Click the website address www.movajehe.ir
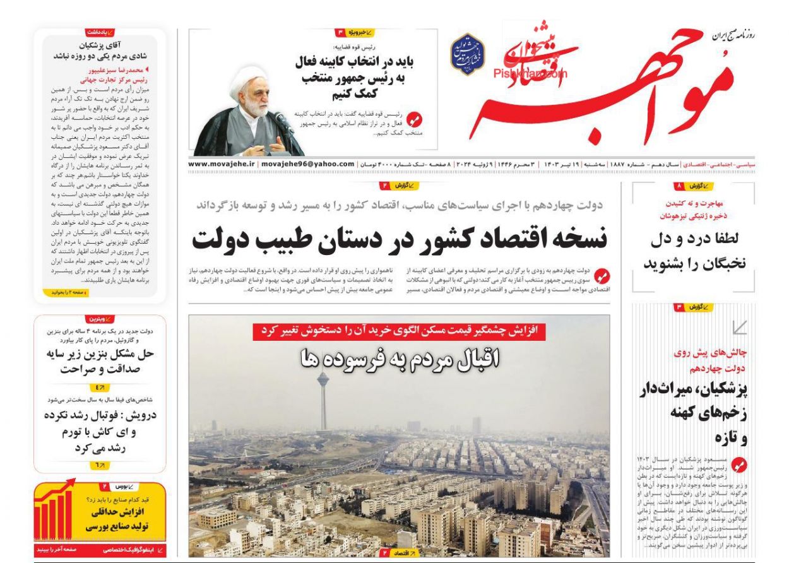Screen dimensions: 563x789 221,164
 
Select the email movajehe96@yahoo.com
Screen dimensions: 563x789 307,164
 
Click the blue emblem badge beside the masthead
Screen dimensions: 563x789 467,54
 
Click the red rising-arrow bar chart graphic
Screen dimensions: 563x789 54,511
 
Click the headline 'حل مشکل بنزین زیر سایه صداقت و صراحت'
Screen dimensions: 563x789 100,361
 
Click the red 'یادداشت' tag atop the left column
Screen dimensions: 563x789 100,32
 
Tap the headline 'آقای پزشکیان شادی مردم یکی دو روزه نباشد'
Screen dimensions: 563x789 100,50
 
